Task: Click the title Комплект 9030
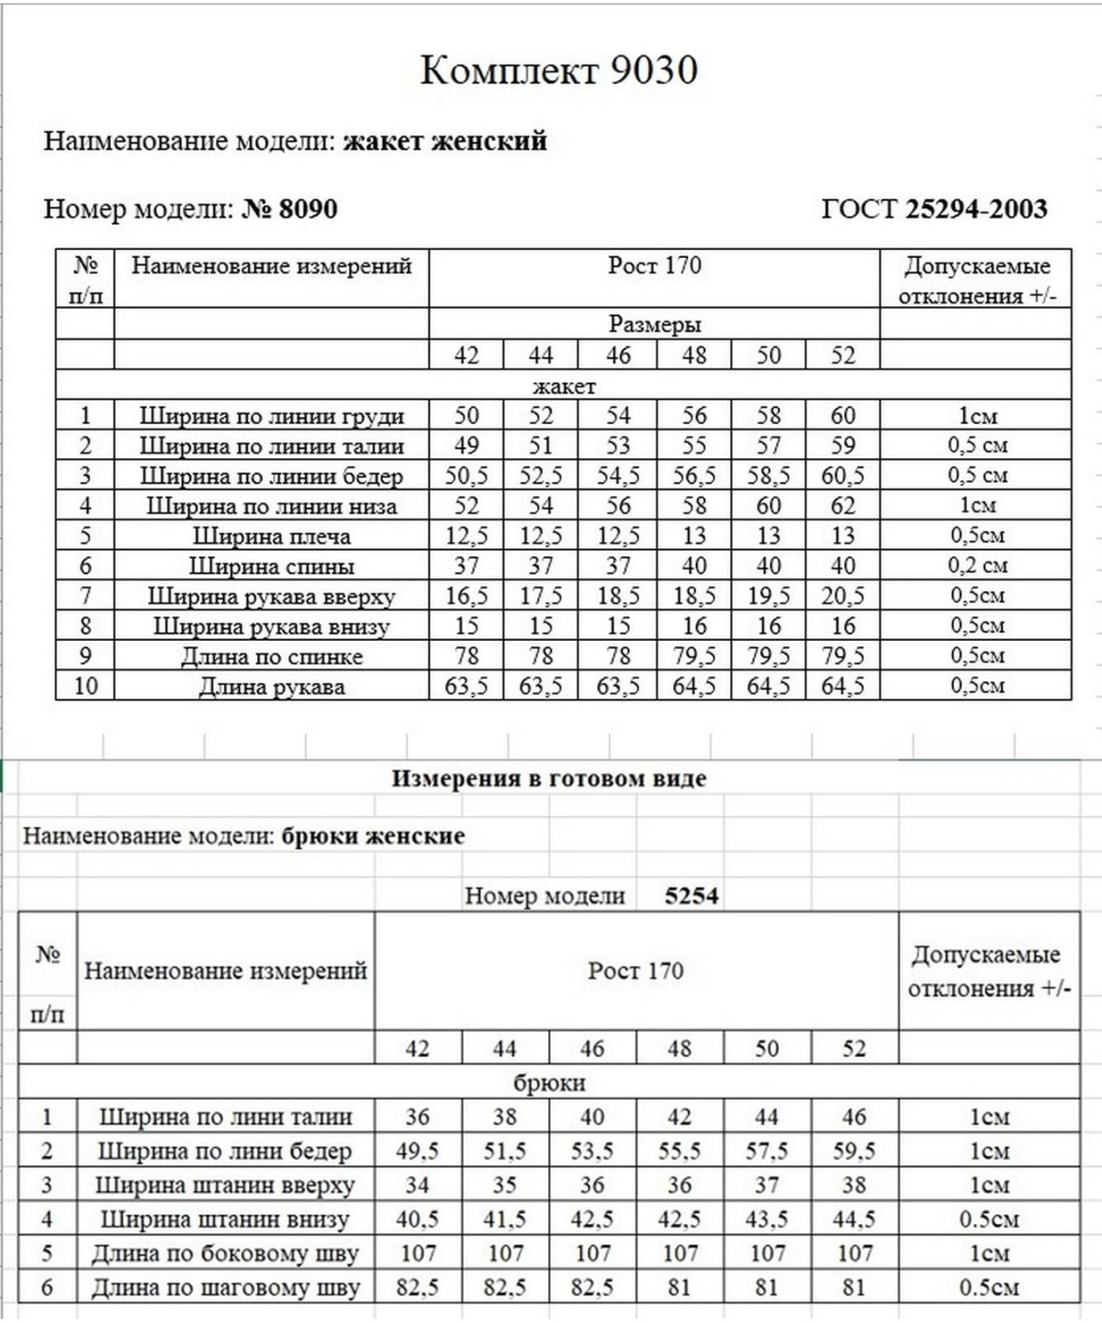tap(558, 71)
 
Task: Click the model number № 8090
tap(290, 209)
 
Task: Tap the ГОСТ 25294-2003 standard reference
tap(934, 209)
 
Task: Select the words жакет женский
tap(444, 141)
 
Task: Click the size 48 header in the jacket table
tap(694, 355)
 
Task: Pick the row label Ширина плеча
tap(271, 536)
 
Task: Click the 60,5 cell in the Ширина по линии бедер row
tap(843, 476)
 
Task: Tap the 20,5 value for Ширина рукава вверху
tap(843, 597)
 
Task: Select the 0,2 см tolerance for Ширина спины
tap(977, 566)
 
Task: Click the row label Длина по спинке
tap(271, 656)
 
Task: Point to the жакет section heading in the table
tap(563, 387)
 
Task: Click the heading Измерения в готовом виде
tap(549, 779)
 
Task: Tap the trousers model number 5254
tap(692, 896)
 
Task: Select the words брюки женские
tap(373, 836)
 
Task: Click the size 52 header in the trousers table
tap(854, 1048)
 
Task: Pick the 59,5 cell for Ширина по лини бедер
tap(854, 1151)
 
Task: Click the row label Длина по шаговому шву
tap(225, 1288)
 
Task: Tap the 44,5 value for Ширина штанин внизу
tap(854, 1220)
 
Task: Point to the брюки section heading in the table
tap(549, 1082)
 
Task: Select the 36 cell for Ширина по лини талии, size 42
tap(417, 1117)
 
